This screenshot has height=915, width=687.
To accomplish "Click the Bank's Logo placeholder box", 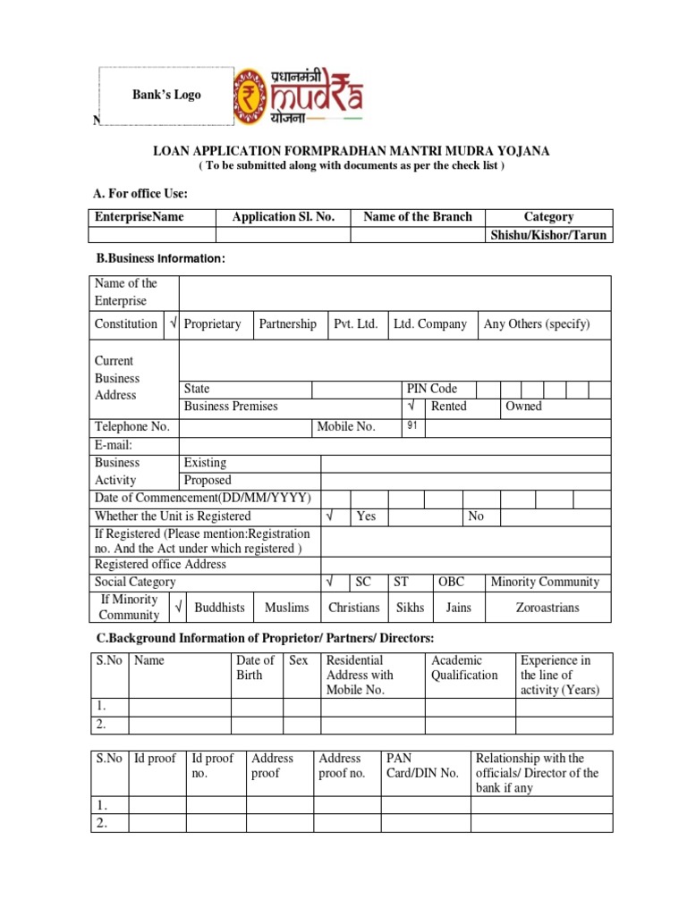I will pos(166,95).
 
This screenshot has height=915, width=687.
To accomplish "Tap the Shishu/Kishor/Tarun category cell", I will pos(548,235).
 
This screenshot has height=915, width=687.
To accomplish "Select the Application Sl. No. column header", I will pos(282,216).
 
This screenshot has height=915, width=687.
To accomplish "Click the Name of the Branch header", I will pos(417,216).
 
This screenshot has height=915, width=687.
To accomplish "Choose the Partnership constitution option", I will pos(287,323).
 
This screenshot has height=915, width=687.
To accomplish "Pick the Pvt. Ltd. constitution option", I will pos(355,323).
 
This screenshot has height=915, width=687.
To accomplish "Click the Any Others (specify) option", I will pos(537,323).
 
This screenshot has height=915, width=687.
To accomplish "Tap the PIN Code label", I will pos(431,389).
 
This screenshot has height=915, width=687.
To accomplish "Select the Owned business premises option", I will pos(523,406).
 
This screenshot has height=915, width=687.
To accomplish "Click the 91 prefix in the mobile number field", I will pos(412,425).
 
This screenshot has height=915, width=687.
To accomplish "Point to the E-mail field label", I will pos(114,445).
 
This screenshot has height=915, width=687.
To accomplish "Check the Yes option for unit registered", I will pos(366,516).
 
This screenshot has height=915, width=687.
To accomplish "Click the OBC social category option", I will pos(451,582).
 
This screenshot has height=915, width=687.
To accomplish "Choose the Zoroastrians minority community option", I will pos(547,607).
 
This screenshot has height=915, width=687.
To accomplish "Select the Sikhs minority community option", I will pos(410,607).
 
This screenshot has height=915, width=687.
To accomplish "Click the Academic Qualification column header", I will pos(464,667).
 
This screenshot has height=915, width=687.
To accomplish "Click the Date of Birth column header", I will pos(255,667).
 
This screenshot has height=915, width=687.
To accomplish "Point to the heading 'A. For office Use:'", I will pos(140,194).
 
